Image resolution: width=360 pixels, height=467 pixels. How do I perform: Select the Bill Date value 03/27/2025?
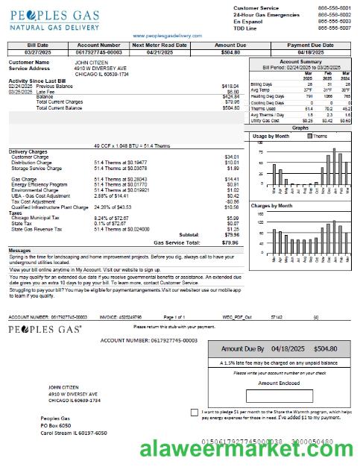(37, 52)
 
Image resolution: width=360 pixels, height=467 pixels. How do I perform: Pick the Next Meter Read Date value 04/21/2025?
(158, 52)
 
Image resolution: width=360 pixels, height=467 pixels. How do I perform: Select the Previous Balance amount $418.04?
(230, 86)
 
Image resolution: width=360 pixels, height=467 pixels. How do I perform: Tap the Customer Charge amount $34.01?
(232, 157)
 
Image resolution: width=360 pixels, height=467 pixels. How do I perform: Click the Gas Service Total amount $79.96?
(230, 242)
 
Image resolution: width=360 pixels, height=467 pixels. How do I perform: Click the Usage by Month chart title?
(271, 137)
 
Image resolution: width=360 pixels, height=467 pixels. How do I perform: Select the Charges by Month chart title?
(273, 205)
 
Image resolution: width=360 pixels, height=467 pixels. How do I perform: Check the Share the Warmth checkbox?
(195, 412)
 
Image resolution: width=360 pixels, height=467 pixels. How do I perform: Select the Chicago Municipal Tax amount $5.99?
(232, 217)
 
